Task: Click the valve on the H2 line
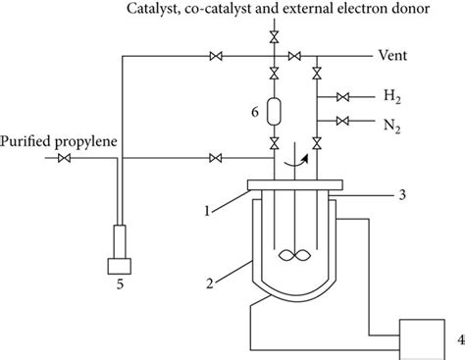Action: click(342, 97)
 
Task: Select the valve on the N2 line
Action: click(342, 122)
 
